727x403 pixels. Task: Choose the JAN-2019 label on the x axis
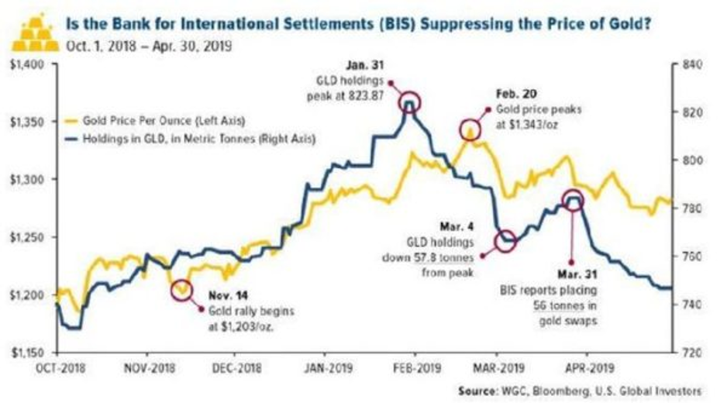point(326,367)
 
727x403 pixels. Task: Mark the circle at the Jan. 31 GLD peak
point(410,103)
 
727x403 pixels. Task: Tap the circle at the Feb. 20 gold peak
point(470,130)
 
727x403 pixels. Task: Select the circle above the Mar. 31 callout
point(572,201)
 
